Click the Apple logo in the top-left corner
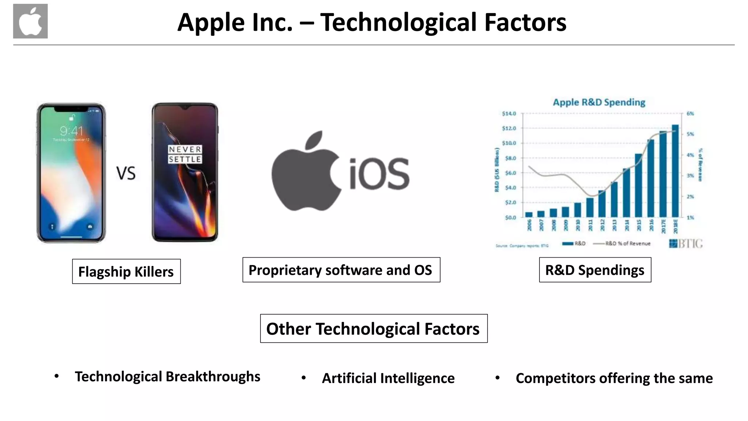[x=30, y=21]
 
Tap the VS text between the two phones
[x=126, y=173]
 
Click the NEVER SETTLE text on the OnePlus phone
[x=185, y=154]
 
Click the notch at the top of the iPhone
[x=71, y=109]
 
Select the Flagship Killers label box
[x=126, y=272]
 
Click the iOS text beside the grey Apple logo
[x=379, y=174]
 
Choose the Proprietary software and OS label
[x=341, y=270]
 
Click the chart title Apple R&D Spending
[x=599, y=102]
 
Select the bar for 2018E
[x=675, y=171]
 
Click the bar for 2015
[x=638, y=185]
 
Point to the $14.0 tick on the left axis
[x=509, y=114]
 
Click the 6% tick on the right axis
[x=690, y=114]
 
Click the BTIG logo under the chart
[x=686, y=243]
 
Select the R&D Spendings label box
[x=595, y=270]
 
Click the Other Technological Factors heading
[x=374, y=329]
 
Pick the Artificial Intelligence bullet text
[x=388, y=378]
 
